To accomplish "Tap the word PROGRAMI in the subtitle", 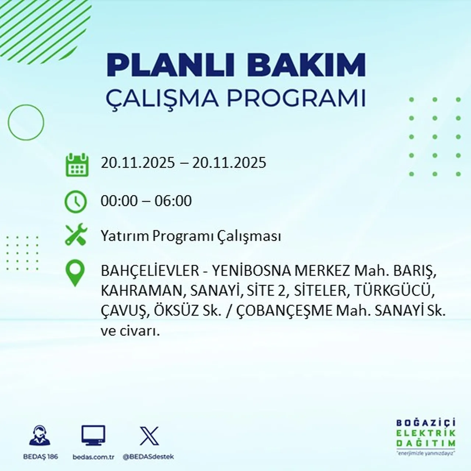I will tap(296, 98).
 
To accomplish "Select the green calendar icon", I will tap(77, 164).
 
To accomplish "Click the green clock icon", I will tap(76, 202).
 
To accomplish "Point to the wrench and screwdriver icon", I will tap(76, 235).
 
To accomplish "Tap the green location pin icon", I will tap(75, 273).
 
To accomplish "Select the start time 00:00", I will tap(119, 201).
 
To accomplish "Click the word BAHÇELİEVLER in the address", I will tap(150, 271).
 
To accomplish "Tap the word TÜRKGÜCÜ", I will tap(392, 291).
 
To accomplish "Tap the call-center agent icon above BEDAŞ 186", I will tap(40, 436).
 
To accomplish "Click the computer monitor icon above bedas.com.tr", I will tap(93, 436).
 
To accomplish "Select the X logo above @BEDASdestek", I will tap(149, 436).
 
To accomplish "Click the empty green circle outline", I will tap(26, 122).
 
